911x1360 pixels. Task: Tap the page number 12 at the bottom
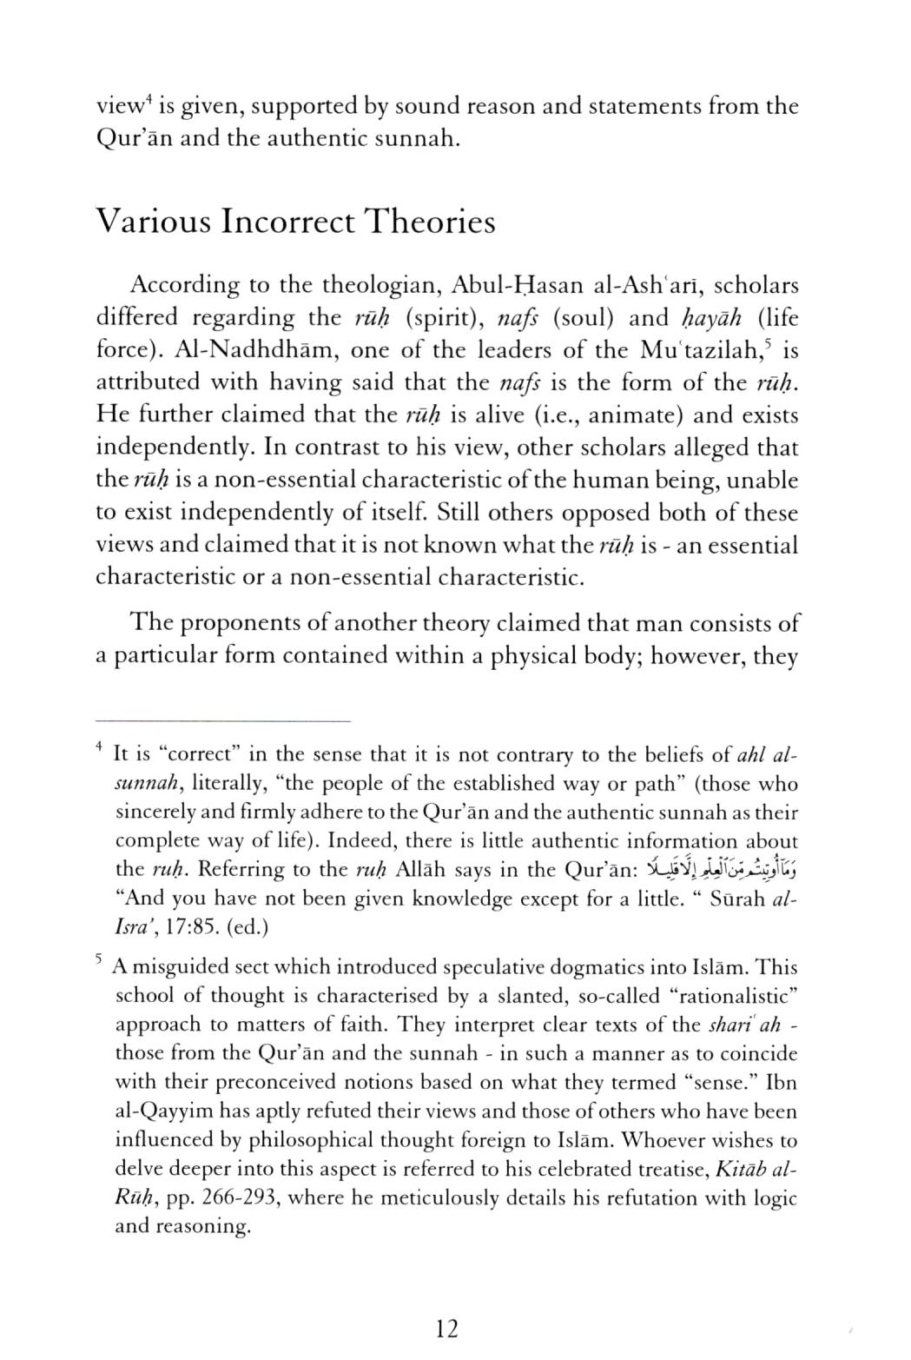[447, 1328]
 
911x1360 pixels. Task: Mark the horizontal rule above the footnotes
[222, 720]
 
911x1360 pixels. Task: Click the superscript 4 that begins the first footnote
[101, 746]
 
